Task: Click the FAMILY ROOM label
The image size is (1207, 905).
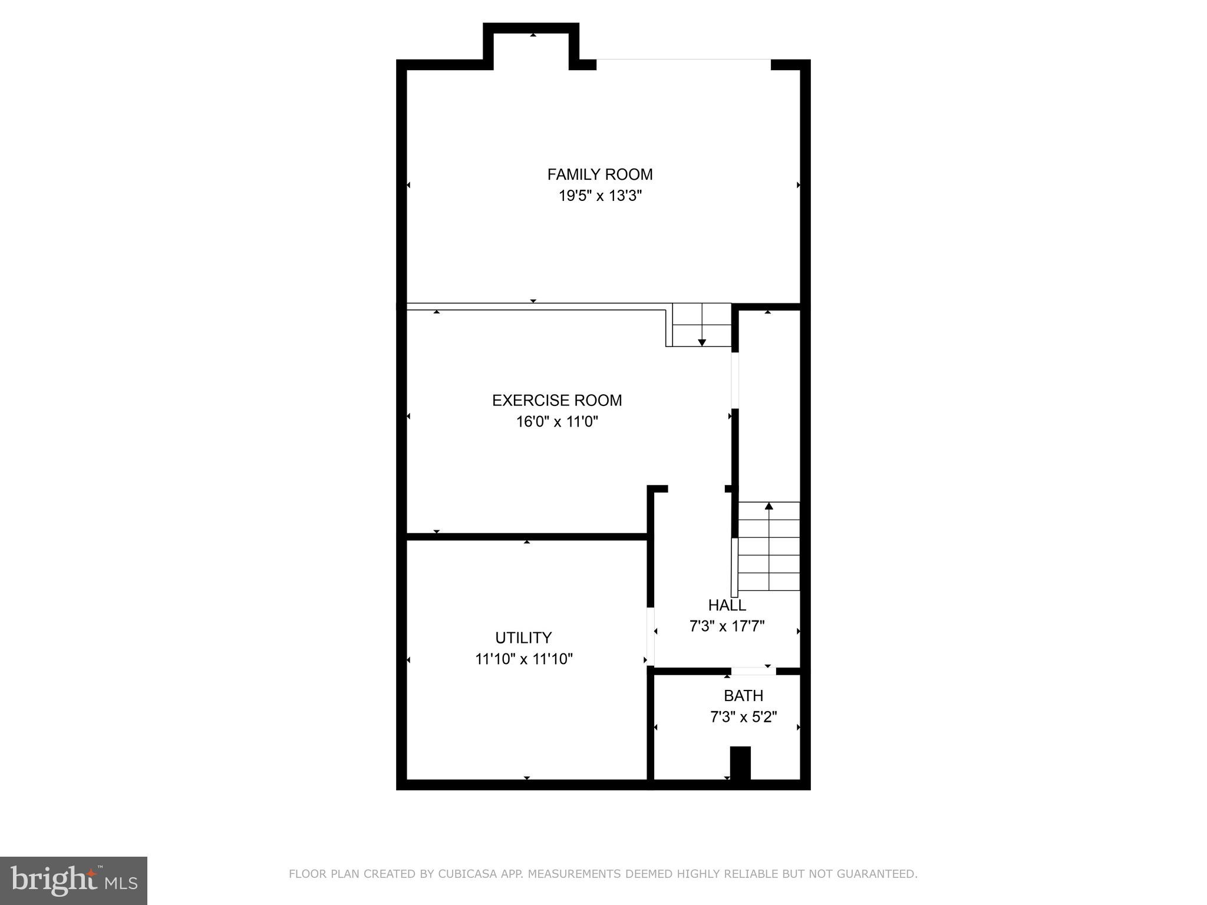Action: click(599, 174)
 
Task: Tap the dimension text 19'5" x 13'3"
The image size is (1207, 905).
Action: click(599, 196)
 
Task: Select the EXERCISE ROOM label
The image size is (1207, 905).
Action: click(557, 401)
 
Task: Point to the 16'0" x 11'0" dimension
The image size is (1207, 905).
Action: click(557, 422)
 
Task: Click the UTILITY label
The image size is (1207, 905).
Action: click(523, 638)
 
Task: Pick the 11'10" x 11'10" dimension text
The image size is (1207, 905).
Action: click(523, 659)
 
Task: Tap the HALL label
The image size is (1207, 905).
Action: click(727, 605)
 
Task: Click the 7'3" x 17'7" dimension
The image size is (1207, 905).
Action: click(727, 626)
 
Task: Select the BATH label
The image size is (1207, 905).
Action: click(743, 696)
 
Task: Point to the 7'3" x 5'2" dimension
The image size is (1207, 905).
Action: click(743, 717)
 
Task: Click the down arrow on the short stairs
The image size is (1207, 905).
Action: click(702, 342)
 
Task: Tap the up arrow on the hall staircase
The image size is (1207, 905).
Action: click(769, 506)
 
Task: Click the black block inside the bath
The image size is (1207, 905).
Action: click(740, 763)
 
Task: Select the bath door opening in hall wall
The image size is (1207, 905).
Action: click(753, 671)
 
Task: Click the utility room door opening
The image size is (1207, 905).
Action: click(651, 636)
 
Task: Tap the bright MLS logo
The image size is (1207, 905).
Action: click(74, 881)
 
